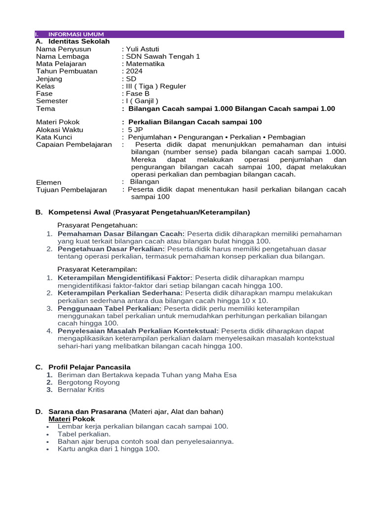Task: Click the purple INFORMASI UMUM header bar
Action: [x=189, y=34]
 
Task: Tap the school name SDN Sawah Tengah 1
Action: [x=163, y=56]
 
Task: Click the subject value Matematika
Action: [x=146, y=64]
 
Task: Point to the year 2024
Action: [x=134, y=71]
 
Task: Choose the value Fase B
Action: [x=138, y=93]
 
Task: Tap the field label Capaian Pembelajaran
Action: [x=74, y=144]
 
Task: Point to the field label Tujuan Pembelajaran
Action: [x=71, y=189]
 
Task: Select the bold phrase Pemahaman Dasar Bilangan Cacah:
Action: [x=121, y=234]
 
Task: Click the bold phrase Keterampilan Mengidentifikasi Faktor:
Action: [x=125, y=278]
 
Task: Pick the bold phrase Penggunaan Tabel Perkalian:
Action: [x=110, y=308]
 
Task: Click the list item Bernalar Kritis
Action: [x=81, y=390]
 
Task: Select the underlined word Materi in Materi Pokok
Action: [x=59, y=419]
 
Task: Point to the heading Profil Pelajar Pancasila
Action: [x=89, y=367]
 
